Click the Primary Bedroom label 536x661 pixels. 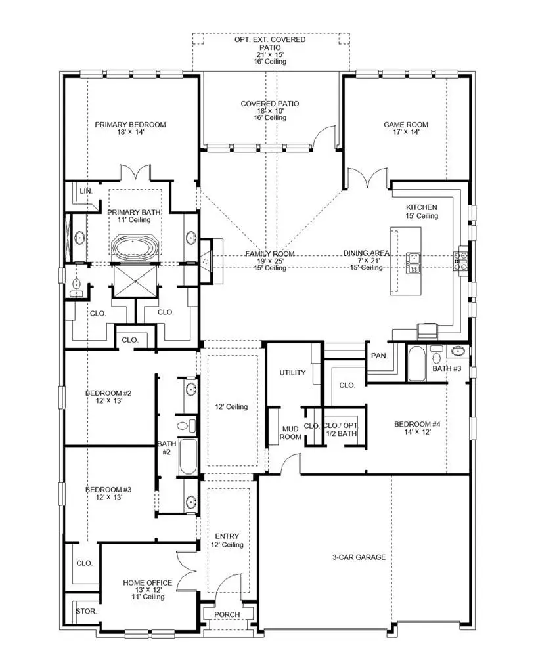130,124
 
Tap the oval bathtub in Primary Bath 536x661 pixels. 134,249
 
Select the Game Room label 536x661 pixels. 406,124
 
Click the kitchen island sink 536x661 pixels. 414,261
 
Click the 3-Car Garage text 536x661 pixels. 358,557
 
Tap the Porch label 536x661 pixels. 228,614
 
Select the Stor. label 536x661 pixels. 86,610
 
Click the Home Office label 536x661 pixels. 148,582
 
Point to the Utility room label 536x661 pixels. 293,373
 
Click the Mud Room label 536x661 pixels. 291,433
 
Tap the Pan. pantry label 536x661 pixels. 378,356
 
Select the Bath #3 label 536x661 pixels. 447,368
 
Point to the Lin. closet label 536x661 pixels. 85,190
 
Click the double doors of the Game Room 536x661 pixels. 367,176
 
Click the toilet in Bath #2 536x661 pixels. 191,425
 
